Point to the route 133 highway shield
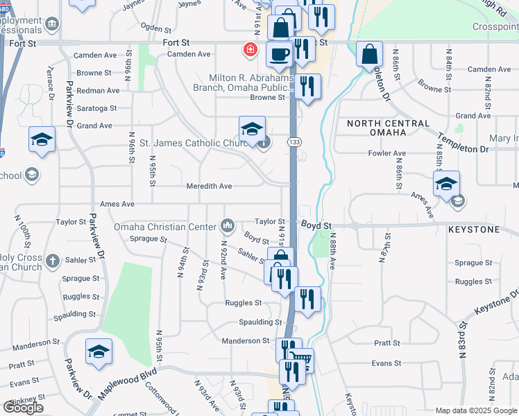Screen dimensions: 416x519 295,142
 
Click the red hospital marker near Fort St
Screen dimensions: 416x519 248,50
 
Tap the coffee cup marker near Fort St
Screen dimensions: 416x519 279,55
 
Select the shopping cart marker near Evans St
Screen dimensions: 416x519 301,361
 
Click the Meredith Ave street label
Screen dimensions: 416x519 209,187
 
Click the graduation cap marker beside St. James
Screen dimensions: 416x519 252,129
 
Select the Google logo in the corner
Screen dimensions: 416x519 23,408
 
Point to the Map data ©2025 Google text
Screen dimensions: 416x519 475,410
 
